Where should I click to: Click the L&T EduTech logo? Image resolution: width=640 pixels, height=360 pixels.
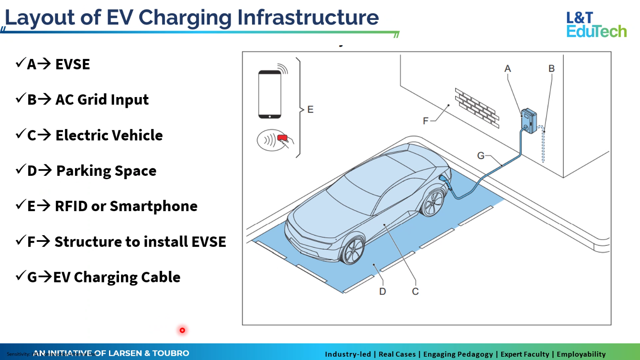[x=596, y=24]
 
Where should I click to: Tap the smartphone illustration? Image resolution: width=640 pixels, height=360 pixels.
[x=269, y=95]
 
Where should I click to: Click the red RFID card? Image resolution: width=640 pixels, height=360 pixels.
[x=282, y=138]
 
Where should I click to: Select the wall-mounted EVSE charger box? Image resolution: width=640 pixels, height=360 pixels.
[x=529, y=121]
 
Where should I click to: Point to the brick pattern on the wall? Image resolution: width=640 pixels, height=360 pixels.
[x=477, y=107]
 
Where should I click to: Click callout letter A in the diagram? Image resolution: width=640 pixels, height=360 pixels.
[x=508, y=69]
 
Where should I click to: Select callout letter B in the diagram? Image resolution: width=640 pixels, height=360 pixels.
[x=551, y=69]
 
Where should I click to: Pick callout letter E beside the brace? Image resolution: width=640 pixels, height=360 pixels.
[x=310, y=109]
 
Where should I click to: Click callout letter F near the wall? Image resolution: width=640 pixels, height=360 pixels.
[x=425, y=121]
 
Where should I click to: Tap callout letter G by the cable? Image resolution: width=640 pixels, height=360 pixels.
[x=481, y=156]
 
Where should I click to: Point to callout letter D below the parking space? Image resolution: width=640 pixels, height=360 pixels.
[x=383, y=292]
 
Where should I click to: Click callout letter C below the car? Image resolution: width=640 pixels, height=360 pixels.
[x=415, y=292]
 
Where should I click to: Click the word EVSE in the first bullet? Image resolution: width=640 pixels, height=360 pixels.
[x=73, y=65]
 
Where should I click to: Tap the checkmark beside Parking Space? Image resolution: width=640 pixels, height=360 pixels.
[x=20, y=170]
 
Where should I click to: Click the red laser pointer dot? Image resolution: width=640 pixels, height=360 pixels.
[x=182, y=330]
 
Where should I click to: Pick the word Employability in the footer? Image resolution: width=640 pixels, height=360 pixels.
[x=581, y=354]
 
